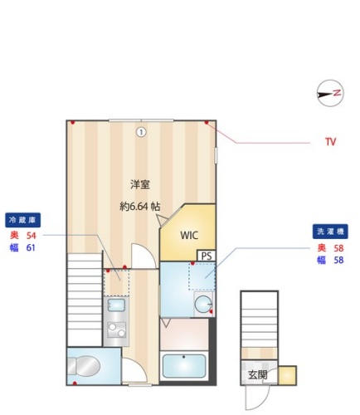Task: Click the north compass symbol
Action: point(330,93)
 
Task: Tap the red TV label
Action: point(330,142)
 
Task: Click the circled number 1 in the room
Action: point(141,132)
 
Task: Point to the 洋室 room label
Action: point(140,184)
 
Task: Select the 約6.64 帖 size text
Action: point(140,206)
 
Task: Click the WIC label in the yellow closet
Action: point(189,235)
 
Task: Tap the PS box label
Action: point(207,256)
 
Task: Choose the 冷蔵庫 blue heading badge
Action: point(22,220)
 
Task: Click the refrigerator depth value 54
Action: point(31,236)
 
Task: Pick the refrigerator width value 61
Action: point(31,247)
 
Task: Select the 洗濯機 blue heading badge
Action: point(330,232)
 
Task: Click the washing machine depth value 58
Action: point(338,248)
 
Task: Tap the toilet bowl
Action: point(84,365)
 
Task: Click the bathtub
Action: point(184,366)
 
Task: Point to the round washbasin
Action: point(203,304)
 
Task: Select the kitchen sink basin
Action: point(116,305)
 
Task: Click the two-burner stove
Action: point(117,330)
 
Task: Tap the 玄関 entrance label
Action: point(258,375)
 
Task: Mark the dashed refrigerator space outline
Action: point(116,282)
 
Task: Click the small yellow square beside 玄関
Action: point(287,375)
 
